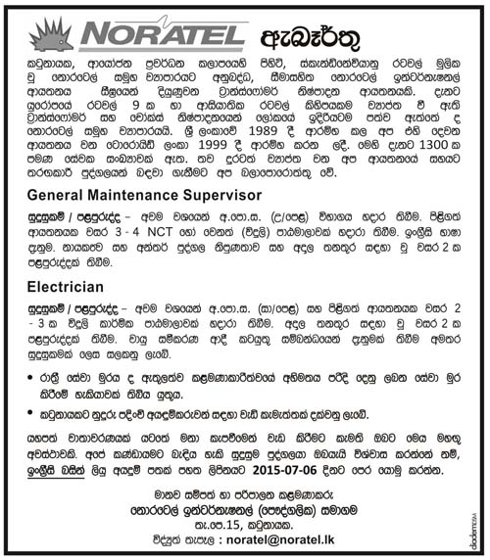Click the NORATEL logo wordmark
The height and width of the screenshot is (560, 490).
162,35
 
